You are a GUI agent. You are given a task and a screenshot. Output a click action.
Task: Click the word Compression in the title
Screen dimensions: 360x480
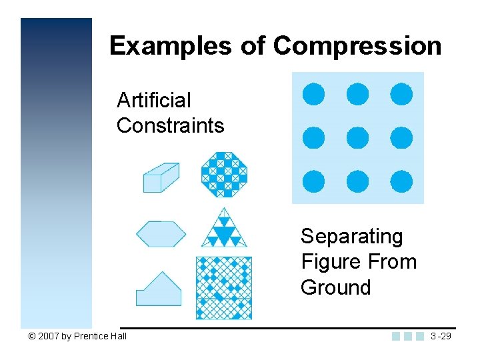[357, 46]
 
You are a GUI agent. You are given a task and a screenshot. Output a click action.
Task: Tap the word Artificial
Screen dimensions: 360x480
[153, 101]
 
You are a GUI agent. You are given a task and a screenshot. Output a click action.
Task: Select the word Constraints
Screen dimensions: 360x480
[170, 125]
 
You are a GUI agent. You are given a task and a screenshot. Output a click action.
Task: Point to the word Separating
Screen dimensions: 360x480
[352, 237]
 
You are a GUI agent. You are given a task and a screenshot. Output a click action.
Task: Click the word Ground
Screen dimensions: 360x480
[335, 287]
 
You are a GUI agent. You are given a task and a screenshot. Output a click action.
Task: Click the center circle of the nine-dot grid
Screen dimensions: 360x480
[358, 138]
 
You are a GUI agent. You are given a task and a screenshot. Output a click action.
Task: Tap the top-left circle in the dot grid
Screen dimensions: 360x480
[314, 95]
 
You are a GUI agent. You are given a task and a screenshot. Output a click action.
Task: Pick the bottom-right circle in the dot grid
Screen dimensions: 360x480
[401, 181]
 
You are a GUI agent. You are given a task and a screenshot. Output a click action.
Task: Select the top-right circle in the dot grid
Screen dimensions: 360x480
[401, 95]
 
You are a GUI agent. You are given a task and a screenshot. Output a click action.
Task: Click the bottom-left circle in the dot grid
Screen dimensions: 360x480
[314, 181]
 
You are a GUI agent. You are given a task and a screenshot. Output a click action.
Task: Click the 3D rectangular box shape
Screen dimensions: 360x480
[161, 177]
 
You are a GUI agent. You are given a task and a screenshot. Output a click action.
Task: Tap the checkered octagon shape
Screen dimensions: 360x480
[224, 175]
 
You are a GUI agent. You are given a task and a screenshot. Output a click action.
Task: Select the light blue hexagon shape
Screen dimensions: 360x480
[161, 234]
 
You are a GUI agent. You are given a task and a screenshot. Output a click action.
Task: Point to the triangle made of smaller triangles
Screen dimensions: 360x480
[224, 229]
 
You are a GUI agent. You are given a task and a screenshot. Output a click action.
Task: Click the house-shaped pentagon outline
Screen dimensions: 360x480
[158, 289]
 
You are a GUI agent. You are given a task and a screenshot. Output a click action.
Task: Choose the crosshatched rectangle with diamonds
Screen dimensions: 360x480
[224, 287]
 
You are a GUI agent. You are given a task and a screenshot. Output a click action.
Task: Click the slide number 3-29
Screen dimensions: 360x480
[441, 336]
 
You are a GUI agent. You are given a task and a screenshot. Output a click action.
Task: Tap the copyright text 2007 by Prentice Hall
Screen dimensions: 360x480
[77, 336]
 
